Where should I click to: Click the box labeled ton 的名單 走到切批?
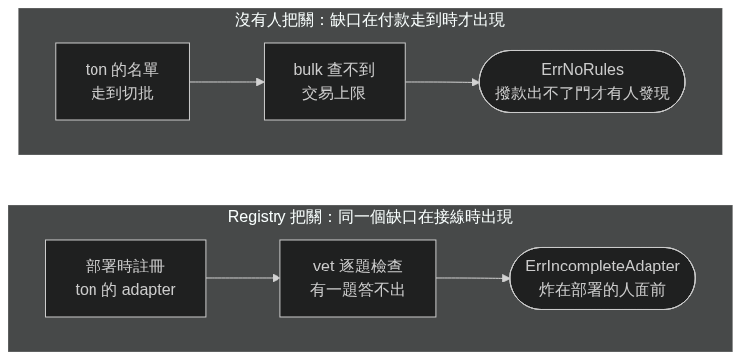click(x=122, y=82)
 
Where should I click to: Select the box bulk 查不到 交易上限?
click(x=334, y=82)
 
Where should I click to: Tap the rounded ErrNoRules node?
click(x=582, y=82)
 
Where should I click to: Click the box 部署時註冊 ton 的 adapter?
click(x=125, y=278)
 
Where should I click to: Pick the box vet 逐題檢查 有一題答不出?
click(x=358, y=278)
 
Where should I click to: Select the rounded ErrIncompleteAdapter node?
click(x=603, y=278)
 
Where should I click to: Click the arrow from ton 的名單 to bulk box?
click(x=227, y=82)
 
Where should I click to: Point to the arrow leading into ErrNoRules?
click(x=443, y=82)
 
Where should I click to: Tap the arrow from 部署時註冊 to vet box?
click(x=243, y=278)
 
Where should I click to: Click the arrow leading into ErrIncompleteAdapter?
click(x=473, y=278)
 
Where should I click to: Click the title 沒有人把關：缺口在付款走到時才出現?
click(x=370, y=20)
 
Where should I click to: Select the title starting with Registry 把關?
click(x=370, y=217)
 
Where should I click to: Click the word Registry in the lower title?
click(x=257, y=217)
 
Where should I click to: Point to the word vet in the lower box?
click(x=323, y=267)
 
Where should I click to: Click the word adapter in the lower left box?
click(x=148, y=290)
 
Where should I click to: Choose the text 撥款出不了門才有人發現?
click(x=582, y=93)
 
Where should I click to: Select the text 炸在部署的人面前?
click(x=603, y=290)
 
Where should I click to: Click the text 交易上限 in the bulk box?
click(x=334, y=93)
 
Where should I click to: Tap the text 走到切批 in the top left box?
click(x=122, y=93)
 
